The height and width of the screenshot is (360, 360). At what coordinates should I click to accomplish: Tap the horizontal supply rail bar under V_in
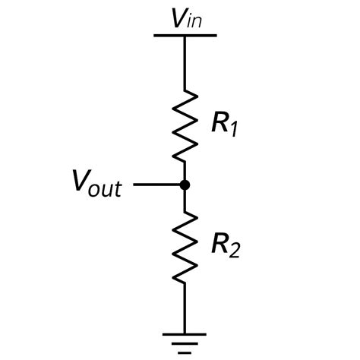tap(185, 35)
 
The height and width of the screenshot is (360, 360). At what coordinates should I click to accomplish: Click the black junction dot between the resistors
tap(185, 185)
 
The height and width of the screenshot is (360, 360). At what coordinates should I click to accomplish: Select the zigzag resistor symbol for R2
tap(185, 247)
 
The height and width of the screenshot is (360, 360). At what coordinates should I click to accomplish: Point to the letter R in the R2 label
tap(221, 243)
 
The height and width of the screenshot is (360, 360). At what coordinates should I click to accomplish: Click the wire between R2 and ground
tap(185, 308)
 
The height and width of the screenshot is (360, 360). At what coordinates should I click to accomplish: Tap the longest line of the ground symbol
tap(185, 333)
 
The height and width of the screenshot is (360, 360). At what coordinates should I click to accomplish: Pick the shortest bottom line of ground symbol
tap(185, 352)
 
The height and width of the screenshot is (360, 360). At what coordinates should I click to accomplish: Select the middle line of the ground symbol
tap(185, 343)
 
